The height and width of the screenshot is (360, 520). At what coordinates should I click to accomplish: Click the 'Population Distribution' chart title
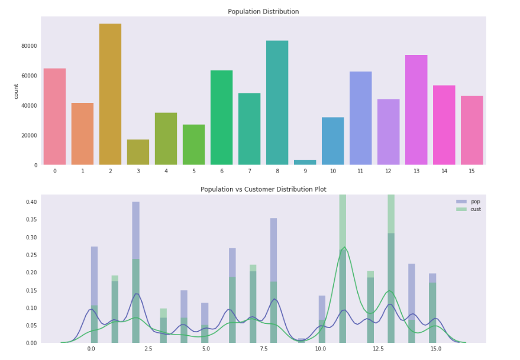coord(263,12)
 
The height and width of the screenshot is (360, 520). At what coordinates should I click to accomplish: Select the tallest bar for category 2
coord(110,95)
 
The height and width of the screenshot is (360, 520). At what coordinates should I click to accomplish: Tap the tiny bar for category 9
coord(305,162)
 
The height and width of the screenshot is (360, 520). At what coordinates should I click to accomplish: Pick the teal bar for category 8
coord(277,103)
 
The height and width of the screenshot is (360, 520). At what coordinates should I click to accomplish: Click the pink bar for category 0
coord(54,116)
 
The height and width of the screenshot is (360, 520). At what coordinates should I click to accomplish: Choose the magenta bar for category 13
coord(416,110)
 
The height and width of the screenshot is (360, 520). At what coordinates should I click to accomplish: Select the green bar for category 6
coord(222,118)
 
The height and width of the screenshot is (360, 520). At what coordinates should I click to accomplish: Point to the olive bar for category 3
coord(138,153)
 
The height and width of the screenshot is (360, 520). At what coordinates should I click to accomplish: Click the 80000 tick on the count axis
coord(29,46)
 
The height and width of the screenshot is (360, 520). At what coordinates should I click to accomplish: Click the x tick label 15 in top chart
coord(472,171)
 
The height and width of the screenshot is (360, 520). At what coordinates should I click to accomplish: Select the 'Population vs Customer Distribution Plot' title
coord(263,189)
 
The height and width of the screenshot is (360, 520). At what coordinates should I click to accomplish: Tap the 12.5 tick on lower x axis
coord(377,349)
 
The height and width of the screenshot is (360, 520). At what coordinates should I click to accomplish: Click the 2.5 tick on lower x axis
coord(148,349)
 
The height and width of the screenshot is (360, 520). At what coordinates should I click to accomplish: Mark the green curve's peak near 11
coord(344,247)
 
